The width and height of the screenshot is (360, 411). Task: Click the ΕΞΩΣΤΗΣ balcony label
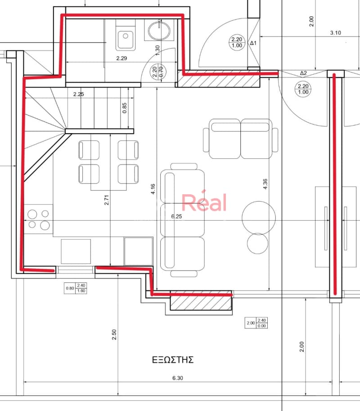tap(173, 360)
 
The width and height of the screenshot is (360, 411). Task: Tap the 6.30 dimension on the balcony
tap(178, 378)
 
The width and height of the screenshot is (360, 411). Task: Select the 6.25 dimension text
tap(176, 216)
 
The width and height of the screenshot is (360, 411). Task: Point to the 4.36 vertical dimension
tap(265, 184)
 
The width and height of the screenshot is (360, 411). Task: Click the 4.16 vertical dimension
tap(153, 189)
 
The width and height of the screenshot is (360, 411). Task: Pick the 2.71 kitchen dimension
tap(106, 200)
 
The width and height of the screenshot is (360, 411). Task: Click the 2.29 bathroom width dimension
tap(121, 58)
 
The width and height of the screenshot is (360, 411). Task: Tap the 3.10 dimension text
tap(335, 33)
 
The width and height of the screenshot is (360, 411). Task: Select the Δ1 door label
tap(253, 43)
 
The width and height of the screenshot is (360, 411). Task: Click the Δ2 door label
tap(303, 73)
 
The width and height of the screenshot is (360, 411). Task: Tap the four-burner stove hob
tap(39, 219)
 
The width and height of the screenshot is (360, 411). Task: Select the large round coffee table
tap(259, 218)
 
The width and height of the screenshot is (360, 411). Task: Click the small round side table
tap(257, 244)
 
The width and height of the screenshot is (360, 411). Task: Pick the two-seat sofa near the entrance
tap(241, 139)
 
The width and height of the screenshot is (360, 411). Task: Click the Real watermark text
tap(204, 201)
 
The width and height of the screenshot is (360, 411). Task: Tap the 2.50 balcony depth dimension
tap(114, 335)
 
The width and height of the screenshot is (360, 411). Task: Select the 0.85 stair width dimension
tap(124, 108)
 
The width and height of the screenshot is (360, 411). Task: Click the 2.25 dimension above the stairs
tap(78, 94)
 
